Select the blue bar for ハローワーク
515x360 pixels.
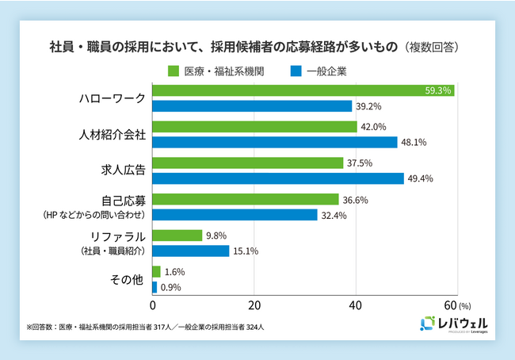[x=252, y=105]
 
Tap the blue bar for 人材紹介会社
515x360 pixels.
[x=274, y=142]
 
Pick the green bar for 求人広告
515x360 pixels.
[x=247, y=163]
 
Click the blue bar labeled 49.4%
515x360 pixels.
[x=277, y=178]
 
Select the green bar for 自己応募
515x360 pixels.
[x=245, y=199]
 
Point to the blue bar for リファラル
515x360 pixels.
[x=190, y=251]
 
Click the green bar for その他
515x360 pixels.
[x=156, y=271]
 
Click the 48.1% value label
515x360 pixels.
[x=414, y=143]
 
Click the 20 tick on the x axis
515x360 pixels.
[x=254, y=305]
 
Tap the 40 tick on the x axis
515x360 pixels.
[x=355, y=305]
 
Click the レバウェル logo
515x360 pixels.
[x=453, y=324]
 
